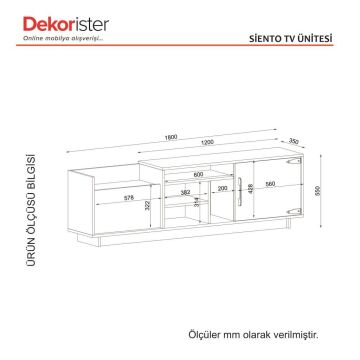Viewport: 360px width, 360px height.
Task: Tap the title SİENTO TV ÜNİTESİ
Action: pyautogui.click(x=295, y=31)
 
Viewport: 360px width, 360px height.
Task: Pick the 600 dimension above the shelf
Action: pyautogui.click(x=198, y=176)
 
